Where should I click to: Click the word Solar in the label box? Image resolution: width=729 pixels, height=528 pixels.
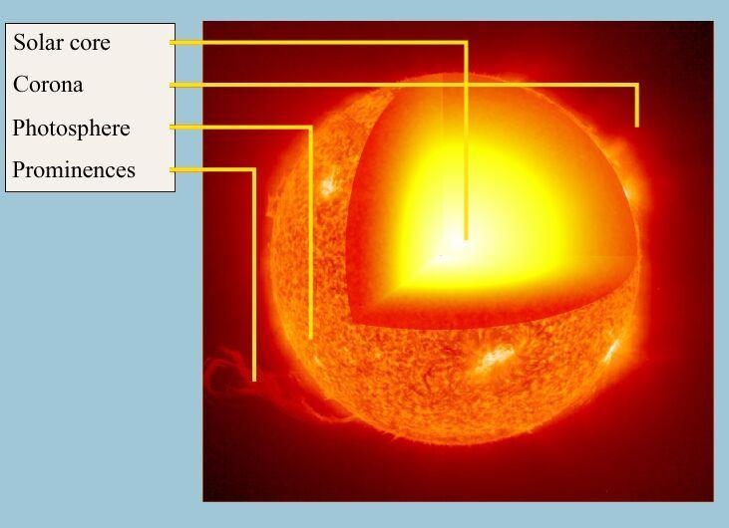point(37,42)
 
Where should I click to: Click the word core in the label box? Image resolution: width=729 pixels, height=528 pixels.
point(89,44)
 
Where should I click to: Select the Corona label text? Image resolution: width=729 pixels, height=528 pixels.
point(48,85)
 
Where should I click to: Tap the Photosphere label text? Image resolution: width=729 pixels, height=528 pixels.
point(71,128)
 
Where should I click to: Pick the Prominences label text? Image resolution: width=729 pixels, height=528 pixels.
point(74,169)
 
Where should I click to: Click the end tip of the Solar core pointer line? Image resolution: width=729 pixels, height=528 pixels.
point(466,239)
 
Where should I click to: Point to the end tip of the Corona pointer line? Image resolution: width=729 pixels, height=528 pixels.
point(637,126)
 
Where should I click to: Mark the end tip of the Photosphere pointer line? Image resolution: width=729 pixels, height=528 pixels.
point(310,337)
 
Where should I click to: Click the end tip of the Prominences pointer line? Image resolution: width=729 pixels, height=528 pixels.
point(254,380)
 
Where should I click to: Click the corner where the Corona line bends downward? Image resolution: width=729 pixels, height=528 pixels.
point(637,85)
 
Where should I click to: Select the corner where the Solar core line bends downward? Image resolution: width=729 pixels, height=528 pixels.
point(466,43)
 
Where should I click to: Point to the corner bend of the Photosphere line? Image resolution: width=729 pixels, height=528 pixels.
point(310,128)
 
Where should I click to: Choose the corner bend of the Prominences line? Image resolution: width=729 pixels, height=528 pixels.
point(254,170)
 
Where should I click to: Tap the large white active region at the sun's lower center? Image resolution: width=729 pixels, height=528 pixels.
point(497,357)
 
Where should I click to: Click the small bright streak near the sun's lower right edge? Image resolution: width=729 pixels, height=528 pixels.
point(611,351)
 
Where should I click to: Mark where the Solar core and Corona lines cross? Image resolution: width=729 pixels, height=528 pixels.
point(466,85)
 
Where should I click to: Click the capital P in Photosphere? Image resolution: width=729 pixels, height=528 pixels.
point(19,128)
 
